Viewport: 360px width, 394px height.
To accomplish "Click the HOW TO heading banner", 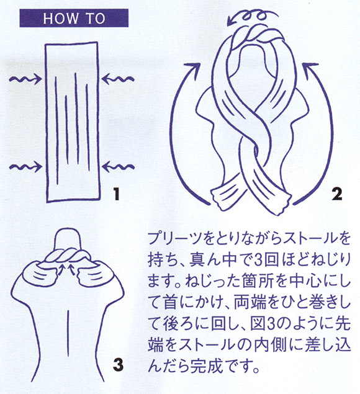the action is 74,18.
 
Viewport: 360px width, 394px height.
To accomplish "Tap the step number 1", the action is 116,194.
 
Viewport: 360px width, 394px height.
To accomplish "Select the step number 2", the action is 336,194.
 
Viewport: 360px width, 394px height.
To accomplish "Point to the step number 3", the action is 118,364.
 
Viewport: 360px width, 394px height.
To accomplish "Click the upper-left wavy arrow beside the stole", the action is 25,79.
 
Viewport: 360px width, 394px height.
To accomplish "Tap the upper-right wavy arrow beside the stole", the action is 118,79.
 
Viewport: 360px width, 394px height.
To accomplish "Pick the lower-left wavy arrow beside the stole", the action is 25,167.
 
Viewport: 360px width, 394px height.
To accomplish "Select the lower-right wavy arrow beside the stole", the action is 118,167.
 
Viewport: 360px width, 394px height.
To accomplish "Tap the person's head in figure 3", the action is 68,239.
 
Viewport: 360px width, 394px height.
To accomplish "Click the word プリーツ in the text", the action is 176,238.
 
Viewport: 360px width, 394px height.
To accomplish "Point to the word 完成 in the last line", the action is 206,366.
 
